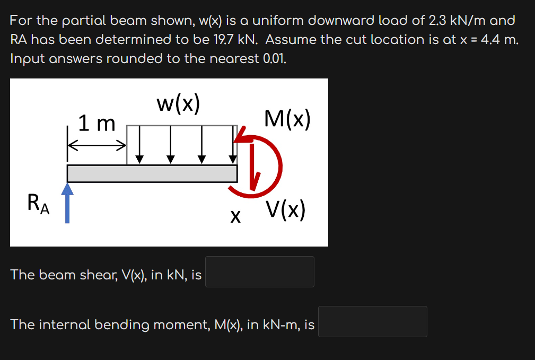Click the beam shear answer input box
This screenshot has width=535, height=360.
(260, 271)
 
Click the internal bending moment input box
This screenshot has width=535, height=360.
(372, 321)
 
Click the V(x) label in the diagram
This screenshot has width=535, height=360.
(286, 210)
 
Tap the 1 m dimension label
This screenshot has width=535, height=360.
(97, 124)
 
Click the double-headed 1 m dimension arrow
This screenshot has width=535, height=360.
(97, 144)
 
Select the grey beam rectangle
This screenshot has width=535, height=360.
(152, 173)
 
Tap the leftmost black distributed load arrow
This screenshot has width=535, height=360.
(139, 144)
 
